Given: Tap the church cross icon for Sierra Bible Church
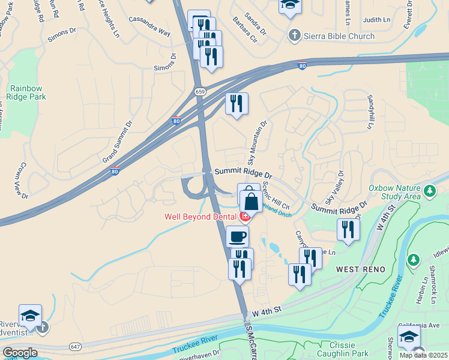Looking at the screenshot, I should tap(294, 35).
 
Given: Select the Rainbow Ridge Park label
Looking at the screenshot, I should tap(26, 92).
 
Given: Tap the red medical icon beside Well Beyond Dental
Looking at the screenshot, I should tap(245, 216).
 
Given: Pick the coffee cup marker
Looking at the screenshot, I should tap(238, 235).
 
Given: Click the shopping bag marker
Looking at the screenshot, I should tap(251, 200).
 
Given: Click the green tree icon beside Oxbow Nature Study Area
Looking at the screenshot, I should tap(430, 191).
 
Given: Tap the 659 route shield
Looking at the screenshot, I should tap(199, 91).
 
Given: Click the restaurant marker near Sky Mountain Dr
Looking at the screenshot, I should tap(237, 103).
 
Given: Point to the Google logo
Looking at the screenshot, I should tap(20, 353).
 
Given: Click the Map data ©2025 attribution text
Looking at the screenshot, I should tap(424, 355).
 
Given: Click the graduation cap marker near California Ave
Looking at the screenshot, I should tap(409, 336).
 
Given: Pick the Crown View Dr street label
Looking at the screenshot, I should tap(19, 180).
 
